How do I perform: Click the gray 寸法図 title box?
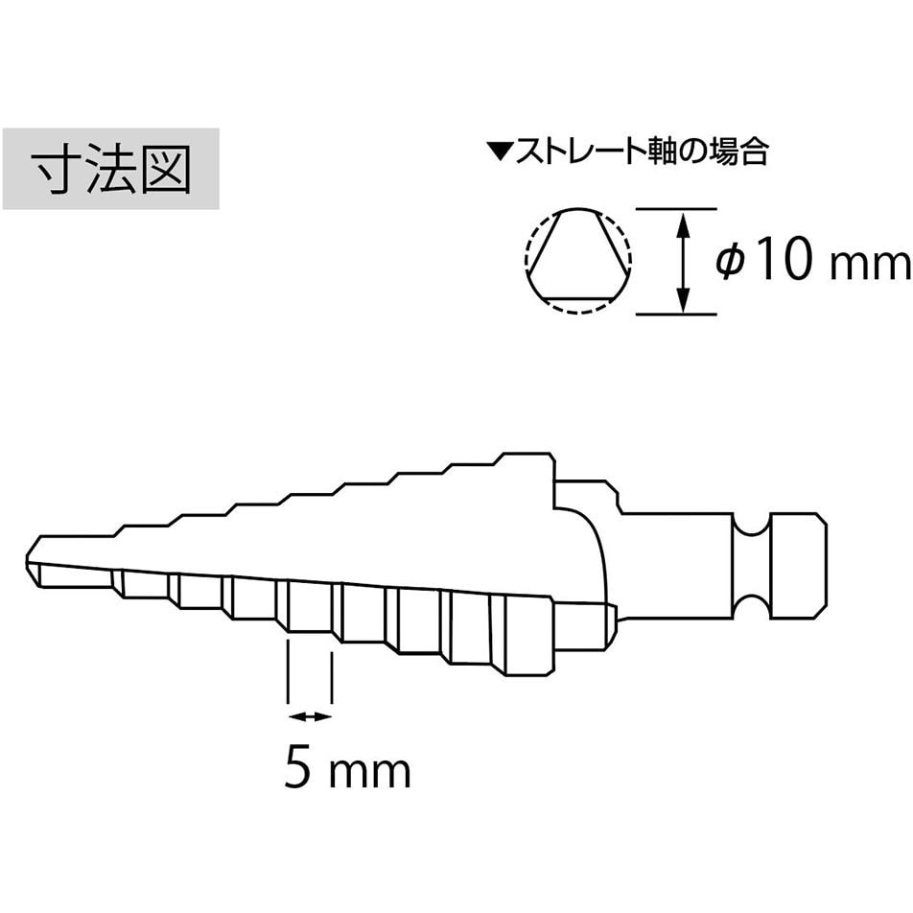pos(110,169)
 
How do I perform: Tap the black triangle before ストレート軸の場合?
pos(502,152)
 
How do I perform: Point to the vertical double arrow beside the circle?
pos(684,262)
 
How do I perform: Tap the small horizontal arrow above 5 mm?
pos(310,716)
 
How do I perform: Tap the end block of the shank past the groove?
pos(797,566)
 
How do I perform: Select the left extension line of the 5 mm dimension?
pos(289,672)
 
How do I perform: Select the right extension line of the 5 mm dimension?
pos(332,678)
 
